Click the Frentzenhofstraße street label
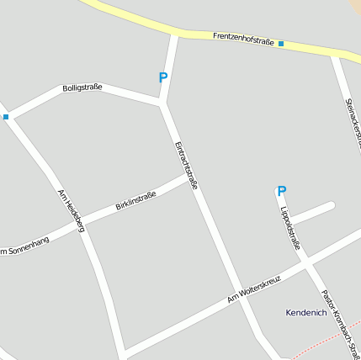[x=243, y=38]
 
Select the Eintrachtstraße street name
[x=186, y=164]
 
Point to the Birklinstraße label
[x=135, y=200]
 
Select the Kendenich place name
[x=305, y=313]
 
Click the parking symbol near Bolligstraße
[x=163, y=77]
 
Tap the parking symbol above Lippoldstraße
[x=282, y=191]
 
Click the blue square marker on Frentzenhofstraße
[x=281, y=43]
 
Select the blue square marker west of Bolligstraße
[x=6, y=117]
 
